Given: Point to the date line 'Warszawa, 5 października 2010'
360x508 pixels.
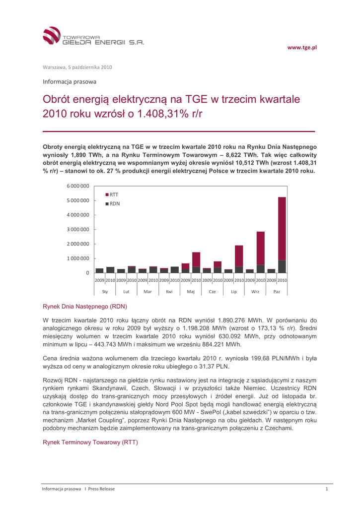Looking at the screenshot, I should [x=76, y=67].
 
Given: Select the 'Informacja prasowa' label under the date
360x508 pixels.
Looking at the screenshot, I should [x=70, y=81].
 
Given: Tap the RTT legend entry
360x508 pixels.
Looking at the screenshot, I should [x=112, y=194].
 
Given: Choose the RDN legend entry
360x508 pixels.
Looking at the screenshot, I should [x=112, y=203].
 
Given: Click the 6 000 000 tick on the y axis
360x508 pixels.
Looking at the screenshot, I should [x=77, y=186].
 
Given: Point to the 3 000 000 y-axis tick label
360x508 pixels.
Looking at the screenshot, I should [x=77, y=230].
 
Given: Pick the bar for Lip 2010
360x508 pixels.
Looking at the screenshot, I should [x=239, y=259].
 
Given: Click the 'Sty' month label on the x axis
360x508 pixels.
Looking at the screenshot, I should [x=105, y=292].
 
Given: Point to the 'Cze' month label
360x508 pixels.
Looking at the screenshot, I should [x=212, y=292].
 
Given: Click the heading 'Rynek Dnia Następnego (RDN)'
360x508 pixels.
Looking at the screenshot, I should [x=85, y=307].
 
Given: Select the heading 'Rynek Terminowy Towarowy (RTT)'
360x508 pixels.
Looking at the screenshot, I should [x=90, y=442].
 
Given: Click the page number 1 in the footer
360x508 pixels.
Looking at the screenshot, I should [x=327, y=489].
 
